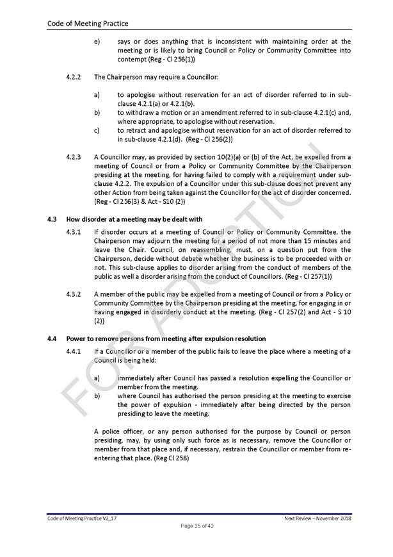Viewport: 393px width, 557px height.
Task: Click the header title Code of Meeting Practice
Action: point(88,24)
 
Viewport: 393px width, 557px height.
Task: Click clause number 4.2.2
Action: point(74,77)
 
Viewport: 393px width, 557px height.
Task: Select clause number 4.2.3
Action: point(74,156)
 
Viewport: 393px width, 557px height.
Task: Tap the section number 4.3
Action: point(52,219)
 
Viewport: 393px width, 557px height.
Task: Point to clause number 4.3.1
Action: point(74,232)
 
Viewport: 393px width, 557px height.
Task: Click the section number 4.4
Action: point(52,338)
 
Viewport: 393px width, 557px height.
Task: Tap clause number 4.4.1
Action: point(74,351)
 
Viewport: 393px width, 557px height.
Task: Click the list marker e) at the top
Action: point(97,42)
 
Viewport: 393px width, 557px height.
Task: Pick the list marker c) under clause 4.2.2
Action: point(97,130)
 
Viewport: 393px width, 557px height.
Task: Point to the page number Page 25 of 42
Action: point(196,526)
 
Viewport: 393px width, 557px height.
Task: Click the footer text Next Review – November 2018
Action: point(317,517)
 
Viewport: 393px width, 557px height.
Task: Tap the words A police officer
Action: point(116,432)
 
